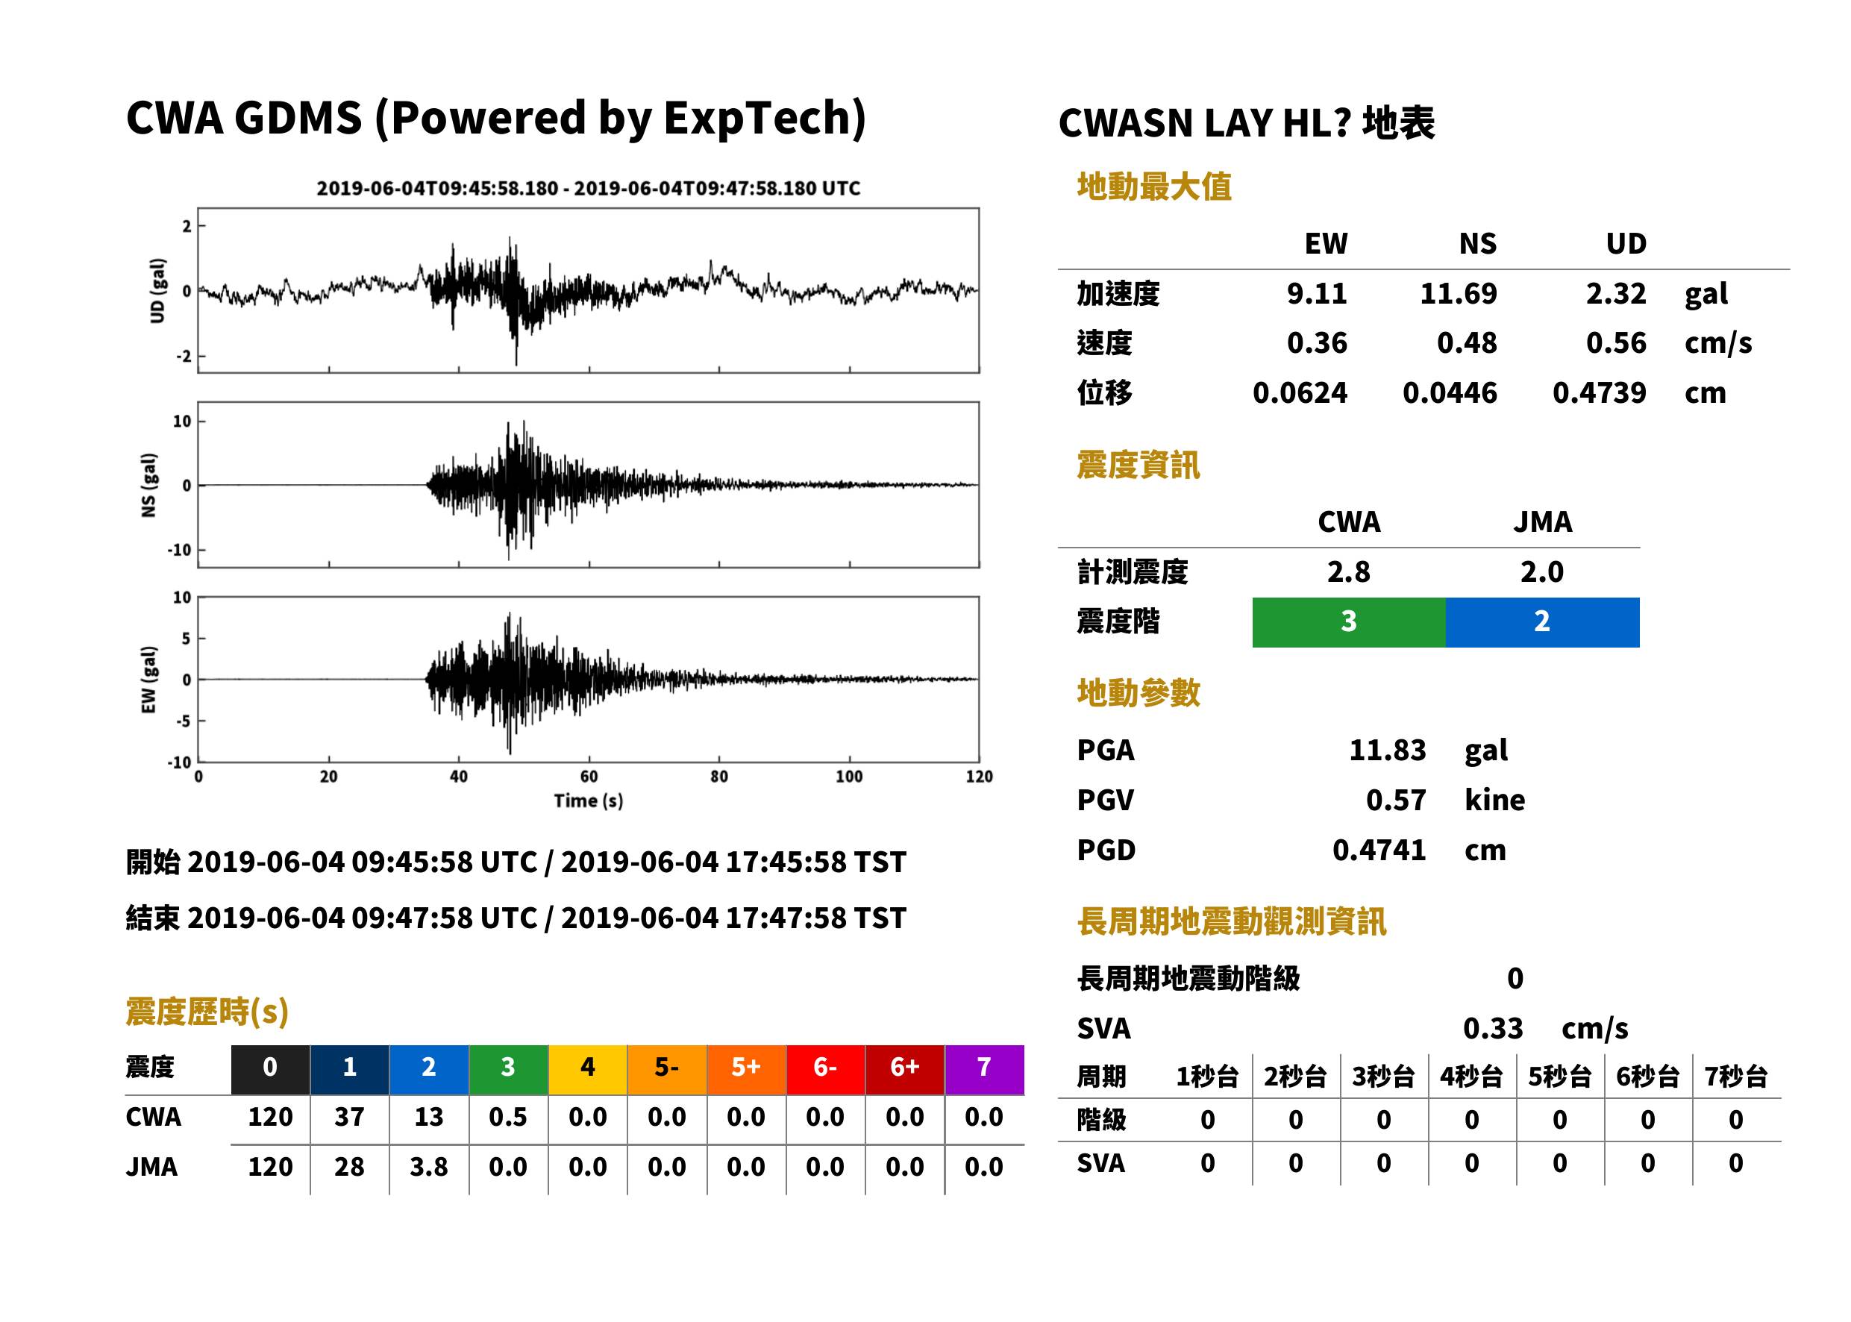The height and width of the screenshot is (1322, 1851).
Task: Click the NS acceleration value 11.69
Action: click(x=1458, y=293)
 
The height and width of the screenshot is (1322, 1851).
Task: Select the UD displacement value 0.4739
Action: click(x=1599, y=392)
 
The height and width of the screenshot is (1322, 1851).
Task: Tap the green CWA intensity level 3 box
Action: click(x=1349, y=622)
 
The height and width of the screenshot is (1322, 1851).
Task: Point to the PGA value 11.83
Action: click(x=1387, y=750)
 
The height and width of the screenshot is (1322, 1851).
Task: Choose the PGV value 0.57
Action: click(x=1395, y=801)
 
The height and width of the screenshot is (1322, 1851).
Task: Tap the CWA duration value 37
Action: click(x=349, y=1117)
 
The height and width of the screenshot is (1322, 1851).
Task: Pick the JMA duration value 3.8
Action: click(x=428, y=1168)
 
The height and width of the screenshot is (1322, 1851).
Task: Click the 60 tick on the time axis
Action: click(x=589, y=777)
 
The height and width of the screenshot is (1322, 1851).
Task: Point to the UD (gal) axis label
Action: click(x=158, y=291)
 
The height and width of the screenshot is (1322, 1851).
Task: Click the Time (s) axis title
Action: click(x=589, y=801)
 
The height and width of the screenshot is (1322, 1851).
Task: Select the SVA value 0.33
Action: click(x=1493, y=1028)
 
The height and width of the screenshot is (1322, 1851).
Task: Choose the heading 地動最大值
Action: click(x=1154, y=187)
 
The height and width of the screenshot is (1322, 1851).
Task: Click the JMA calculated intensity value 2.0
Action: click(x=1541, y=572)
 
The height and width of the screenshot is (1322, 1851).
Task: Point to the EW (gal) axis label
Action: click(x=149, y=680)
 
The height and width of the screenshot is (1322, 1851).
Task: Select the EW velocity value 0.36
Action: click(x=1316, y=342)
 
